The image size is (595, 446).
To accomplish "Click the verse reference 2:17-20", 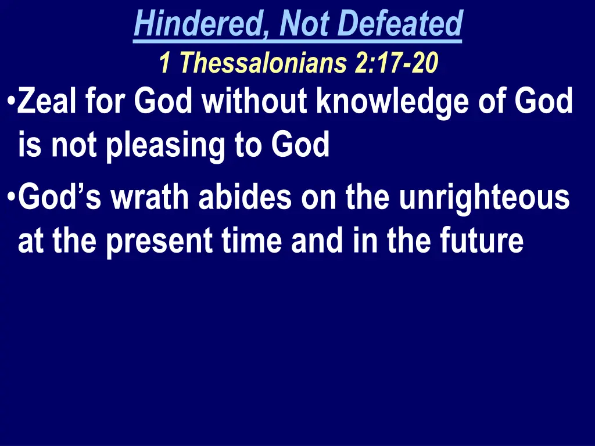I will [396, 63].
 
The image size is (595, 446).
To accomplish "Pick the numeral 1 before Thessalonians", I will [164, 63].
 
